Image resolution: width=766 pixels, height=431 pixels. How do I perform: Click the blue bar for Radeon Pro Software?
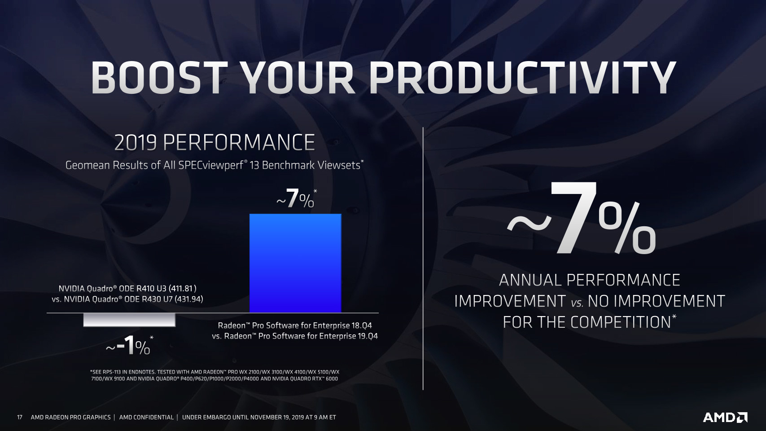pos(295,263)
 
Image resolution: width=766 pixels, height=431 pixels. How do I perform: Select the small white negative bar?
pos(129,320)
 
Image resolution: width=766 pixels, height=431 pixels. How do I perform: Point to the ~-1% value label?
pos(129,346)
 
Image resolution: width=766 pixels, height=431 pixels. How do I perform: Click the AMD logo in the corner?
pos(725,418)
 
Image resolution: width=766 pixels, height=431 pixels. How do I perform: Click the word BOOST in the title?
pos(159,78)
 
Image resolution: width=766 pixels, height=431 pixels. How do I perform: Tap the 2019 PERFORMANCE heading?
pos(214,142)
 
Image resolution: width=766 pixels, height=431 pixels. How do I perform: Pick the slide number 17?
pos(19,418)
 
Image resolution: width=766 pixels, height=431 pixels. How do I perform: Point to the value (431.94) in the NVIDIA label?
pos(189,299)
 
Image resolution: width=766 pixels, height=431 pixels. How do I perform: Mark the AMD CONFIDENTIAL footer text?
pos(146,418)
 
